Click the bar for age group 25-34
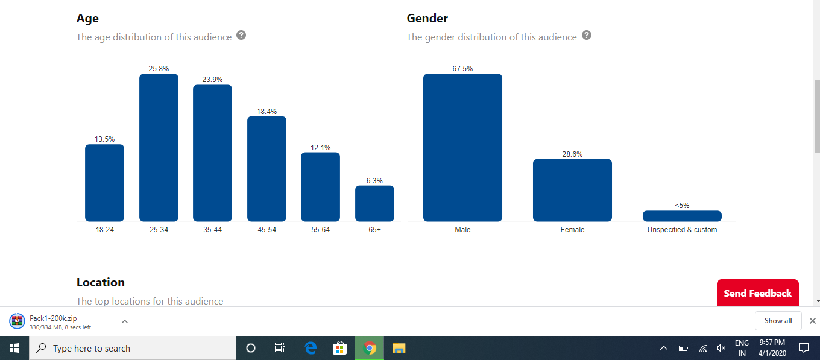[159, 148]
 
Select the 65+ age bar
[374, 203]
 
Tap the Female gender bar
[572, 190]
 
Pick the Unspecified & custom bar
[682, 216]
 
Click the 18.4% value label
[266, 112]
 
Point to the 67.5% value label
[462, 69]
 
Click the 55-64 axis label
[320, 230]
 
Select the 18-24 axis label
[105, 230]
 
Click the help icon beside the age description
[241, 35]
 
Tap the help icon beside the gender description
[587, 35]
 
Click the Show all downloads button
[778, 321]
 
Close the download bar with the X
[812, 321]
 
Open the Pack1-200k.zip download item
[60, 321]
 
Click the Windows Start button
[14, 348]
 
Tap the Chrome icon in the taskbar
[370, 348]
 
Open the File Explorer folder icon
[399, 348]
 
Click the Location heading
[100, 282]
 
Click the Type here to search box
[133, 348]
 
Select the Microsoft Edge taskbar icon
[311, 348]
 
